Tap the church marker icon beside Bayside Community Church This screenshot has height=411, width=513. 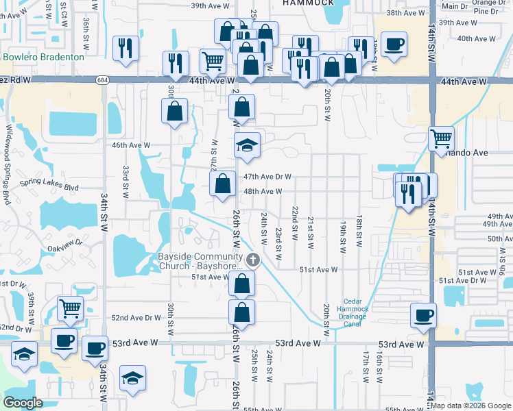pos(254,260)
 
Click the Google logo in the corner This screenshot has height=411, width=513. pos(23,403)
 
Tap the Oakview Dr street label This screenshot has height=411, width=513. pos(65,242)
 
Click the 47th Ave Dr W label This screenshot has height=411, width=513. pos(267,176)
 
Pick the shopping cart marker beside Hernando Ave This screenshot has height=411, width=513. pos(441,138)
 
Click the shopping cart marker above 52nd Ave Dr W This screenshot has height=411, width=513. pos(71,308)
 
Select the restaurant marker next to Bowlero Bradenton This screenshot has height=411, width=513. pos(125,47)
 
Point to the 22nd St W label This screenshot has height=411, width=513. pos(295,223)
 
